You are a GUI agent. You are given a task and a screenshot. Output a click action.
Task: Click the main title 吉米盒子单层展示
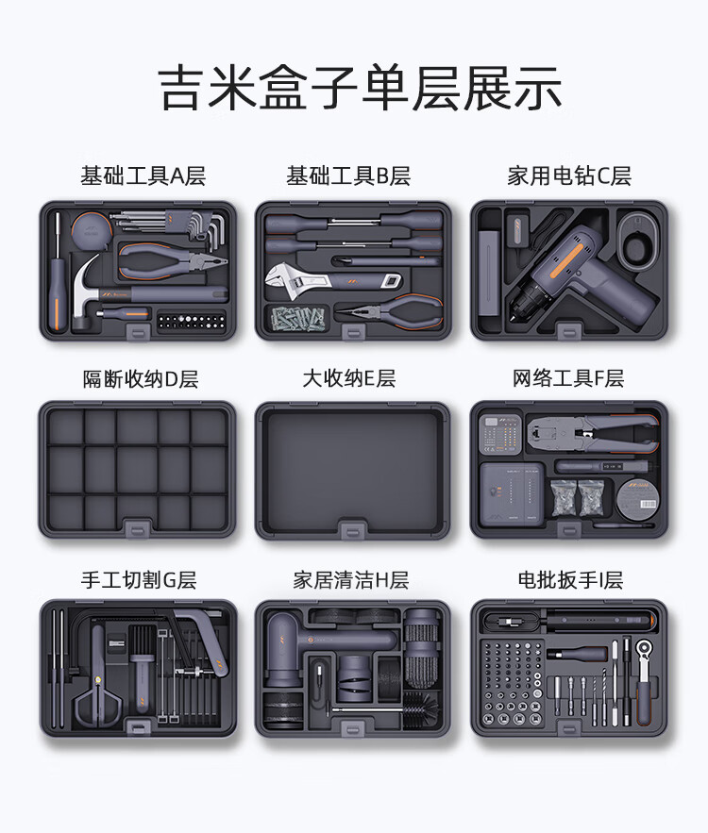360,88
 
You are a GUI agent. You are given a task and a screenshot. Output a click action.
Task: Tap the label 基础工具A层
143,175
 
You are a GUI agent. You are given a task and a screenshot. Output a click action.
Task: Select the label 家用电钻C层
569,175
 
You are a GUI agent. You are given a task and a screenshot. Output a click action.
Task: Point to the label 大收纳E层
349,378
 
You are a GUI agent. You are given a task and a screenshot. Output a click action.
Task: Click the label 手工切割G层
139,579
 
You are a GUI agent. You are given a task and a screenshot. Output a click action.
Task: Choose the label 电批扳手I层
570,579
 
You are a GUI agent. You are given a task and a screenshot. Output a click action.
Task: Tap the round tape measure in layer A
92,231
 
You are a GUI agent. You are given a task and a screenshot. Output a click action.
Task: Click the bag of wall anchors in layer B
297,319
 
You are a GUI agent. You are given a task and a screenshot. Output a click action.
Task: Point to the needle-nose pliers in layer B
390,312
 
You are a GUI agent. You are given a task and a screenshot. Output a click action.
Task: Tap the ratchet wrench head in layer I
645,649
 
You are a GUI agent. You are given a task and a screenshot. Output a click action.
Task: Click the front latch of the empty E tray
353,529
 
